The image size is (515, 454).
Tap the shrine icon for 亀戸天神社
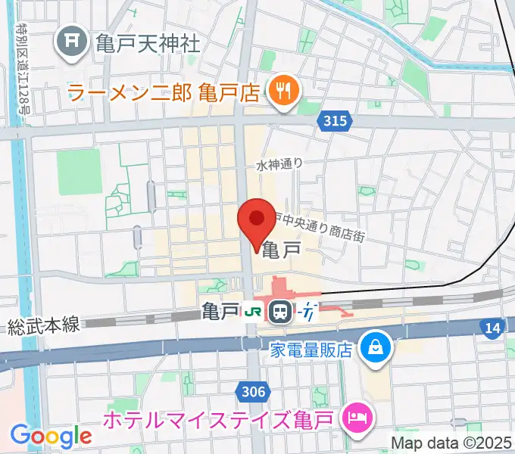[73, 40]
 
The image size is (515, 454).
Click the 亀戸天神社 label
[148, 42]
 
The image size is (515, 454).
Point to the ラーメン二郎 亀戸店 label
[164, 94]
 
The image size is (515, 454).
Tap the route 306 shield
[254, 390]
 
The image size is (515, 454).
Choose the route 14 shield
[492, 327]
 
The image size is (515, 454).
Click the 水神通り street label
[279, 164]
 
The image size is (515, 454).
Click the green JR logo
[252, 311]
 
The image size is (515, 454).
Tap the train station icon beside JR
[280, 311]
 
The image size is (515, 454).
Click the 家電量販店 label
[312, 350]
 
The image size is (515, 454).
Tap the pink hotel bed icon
[357, 415]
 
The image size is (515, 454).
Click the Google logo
[51, 435]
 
